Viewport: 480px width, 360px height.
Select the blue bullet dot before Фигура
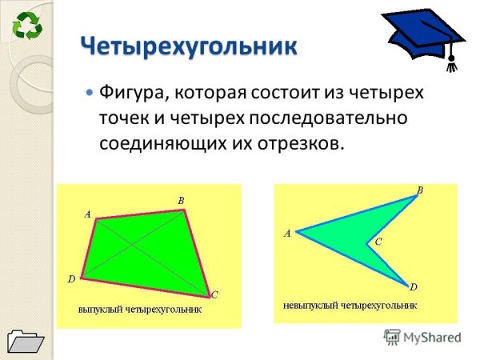(90, 93)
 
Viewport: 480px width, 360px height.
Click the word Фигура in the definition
(130, 93)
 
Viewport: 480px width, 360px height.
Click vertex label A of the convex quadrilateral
(87, 214)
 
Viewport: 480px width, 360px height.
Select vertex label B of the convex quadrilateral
(181, 200)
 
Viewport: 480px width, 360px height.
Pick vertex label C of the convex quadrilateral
(214, 295)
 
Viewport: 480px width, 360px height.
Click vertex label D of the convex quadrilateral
(71, 279)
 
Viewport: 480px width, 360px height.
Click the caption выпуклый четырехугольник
(139, 308)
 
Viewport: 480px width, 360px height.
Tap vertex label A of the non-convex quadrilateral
(287, 234)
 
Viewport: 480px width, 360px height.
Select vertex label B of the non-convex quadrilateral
(419, 190)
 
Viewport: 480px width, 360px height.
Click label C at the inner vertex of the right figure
(378, 241)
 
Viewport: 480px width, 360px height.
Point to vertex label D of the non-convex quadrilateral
(413, 286)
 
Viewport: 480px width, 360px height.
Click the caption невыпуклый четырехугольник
(350, 305)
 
